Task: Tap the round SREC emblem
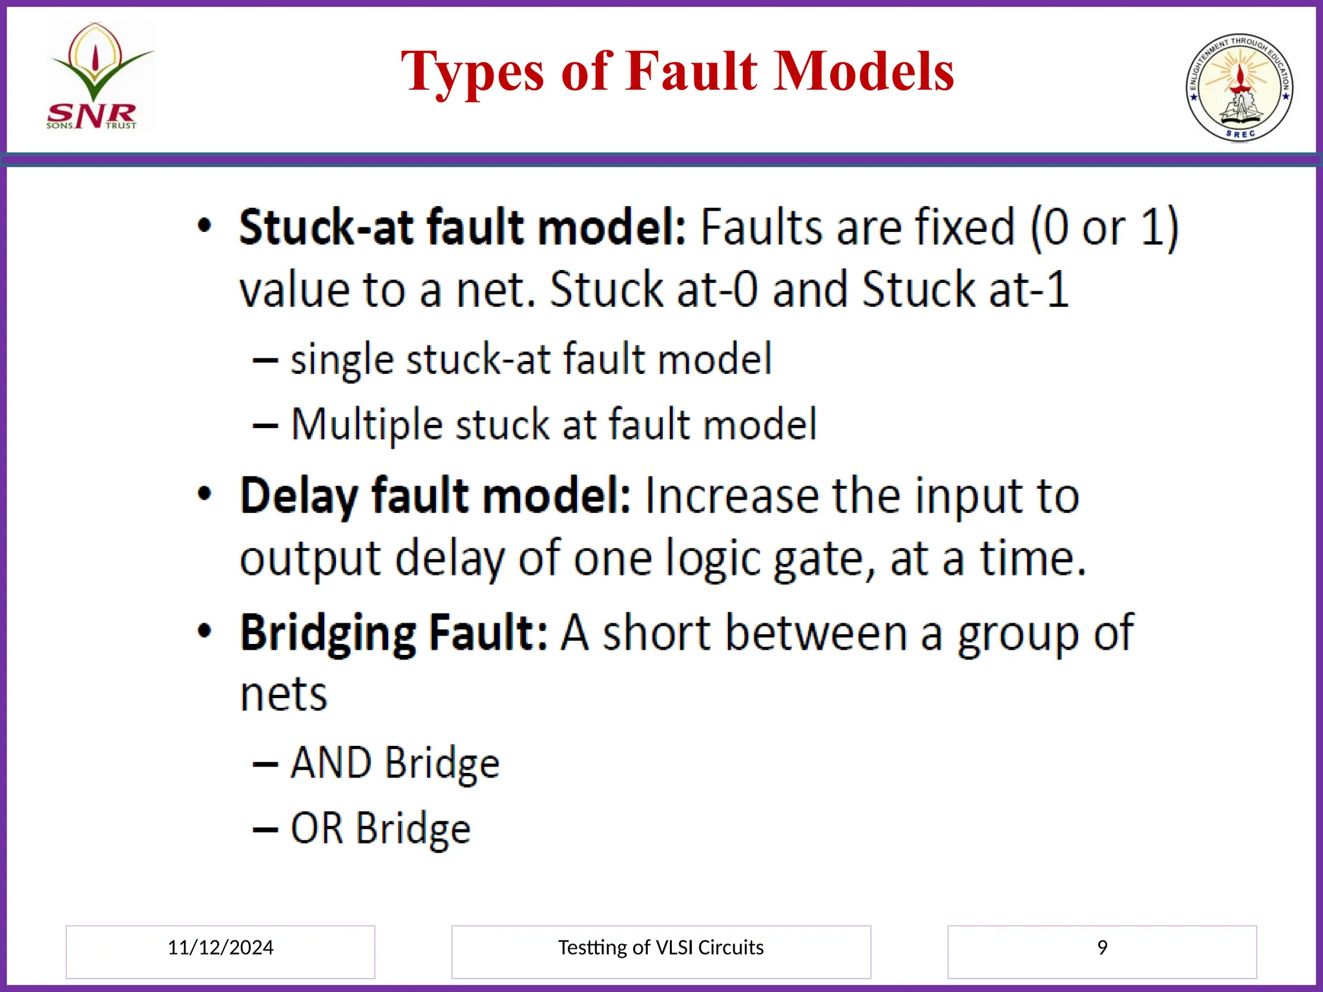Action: pos(1239,87)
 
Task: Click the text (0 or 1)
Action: pos(1104,227)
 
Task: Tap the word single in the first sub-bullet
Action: pos(340,360)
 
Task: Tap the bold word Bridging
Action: pos(328,634)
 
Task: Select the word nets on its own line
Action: pos(284,695)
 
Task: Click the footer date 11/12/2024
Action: pos(220,947)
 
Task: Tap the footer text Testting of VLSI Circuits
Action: pos(660,947)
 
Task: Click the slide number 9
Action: pos(1102,947)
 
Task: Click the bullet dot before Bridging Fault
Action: pos(204,630)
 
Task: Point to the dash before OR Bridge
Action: pos(265,829)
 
